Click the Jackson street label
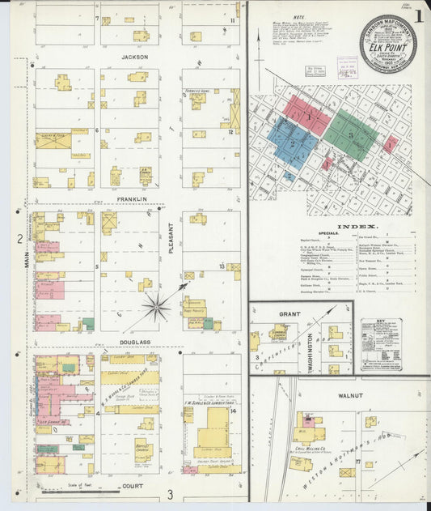(133, 57)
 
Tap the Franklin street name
(133, 198)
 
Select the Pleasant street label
(171, 239)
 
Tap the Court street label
(133, 487)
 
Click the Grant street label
(289, 313)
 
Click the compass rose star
(157, 307)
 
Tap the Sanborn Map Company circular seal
(388, 43)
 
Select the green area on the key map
(350, 134)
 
